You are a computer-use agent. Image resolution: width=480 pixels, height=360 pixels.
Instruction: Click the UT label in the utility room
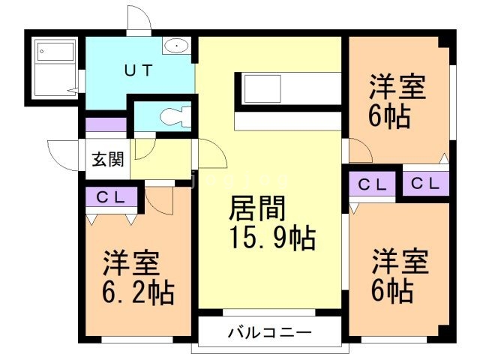138,71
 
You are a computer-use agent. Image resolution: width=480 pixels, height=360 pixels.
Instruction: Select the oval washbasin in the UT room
177,46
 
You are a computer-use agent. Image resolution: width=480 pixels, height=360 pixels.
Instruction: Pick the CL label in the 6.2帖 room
111,198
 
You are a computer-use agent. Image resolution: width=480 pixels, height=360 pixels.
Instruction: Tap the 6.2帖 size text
139,291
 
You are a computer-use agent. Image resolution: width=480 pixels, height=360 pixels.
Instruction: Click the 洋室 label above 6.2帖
130,264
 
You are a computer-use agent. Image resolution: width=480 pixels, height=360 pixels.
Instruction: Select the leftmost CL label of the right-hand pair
372,184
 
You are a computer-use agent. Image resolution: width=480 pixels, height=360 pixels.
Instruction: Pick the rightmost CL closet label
425,183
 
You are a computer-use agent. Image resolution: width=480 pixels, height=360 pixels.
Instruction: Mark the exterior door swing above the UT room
139,18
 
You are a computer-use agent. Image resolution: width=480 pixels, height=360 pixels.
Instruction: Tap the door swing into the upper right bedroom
359,151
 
